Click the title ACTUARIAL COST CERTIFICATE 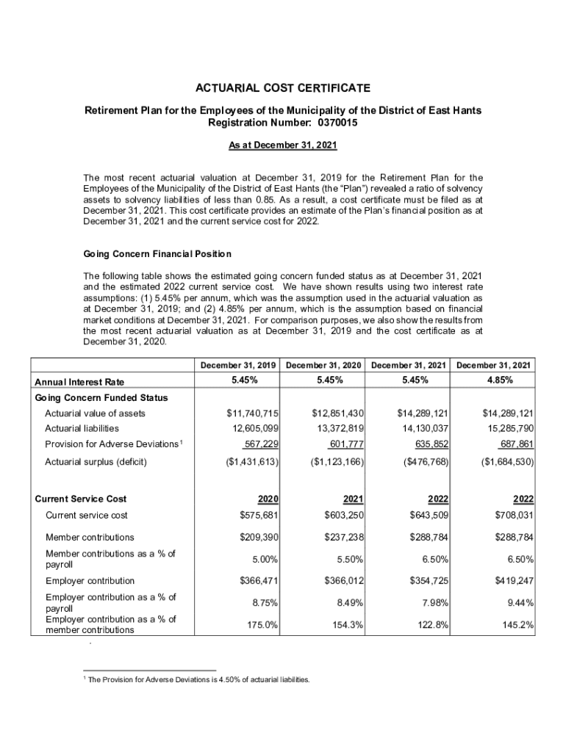click(x=283, y=89)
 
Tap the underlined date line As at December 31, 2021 click(x=283, y=145)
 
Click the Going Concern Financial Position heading click(x=157, y=254)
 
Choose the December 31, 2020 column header click(x=326, y=365)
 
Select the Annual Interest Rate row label click(x=79, y=382)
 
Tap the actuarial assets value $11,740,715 click(x=252, y=413)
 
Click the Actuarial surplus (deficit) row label click(x=96, y=462)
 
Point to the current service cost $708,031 click(x=508, y=515)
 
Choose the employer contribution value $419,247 click(x=508, y=581)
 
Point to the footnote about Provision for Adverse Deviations click(x=199, y=680)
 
